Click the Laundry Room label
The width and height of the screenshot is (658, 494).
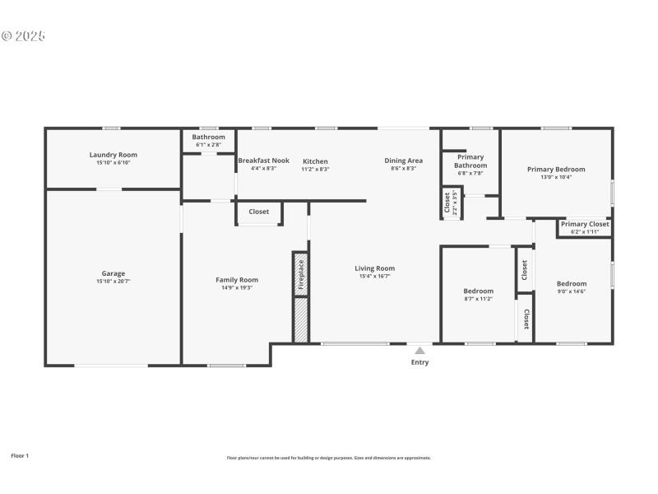tap(114, 155)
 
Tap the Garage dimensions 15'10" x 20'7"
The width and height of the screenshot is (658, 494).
tap(114, 282)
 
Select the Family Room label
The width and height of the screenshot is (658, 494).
tap(237, 280)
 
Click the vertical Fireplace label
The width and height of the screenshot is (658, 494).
tap(301, 274)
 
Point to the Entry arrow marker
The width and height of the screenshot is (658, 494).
tap(420, 350)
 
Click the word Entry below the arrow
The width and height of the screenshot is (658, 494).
tap(420, 362)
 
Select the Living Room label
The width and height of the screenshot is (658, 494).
tap(375, 268)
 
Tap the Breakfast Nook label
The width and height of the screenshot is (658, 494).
tap(263, 161)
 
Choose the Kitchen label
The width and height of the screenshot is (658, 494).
tap(315, 161)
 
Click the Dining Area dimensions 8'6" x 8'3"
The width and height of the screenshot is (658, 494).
tap(404, 169)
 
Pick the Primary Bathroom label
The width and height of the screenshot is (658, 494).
tap(470, 161)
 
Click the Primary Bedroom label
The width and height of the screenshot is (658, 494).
tap(557, 170)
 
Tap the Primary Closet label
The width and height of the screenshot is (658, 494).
tap(585, 224)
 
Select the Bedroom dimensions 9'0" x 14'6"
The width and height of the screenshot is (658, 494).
tap(572, 291)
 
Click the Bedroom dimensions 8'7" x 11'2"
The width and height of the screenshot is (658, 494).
tap(478, 298)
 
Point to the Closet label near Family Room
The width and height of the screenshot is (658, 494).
tap(259, 212)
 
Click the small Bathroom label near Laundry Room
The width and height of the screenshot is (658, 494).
tap(209, 137)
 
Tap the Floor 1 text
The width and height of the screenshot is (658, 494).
tap(20, 455)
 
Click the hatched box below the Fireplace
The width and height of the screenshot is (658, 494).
tap(301, 320)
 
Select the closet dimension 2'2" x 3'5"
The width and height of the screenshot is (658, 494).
tap(455, 203)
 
